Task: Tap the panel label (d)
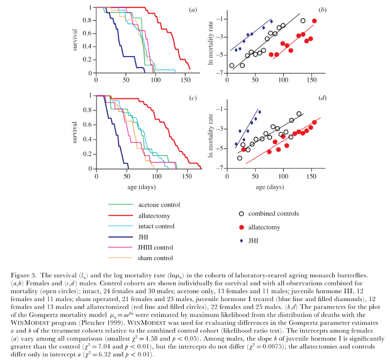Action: pos(322,98)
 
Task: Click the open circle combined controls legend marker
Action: pos(241,213)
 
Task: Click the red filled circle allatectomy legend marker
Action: pos(241,227)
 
